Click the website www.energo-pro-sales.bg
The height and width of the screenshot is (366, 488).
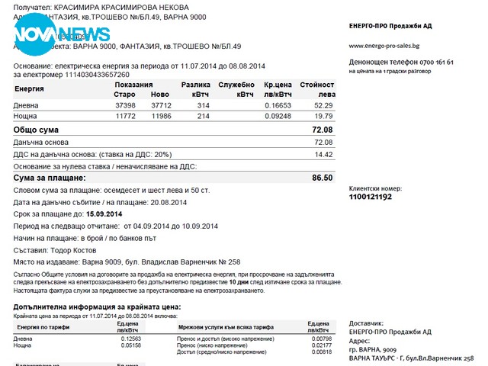(x=388, y=46)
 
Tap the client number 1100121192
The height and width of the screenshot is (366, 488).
(x=371, y=197)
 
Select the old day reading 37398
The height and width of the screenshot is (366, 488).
(x=125, y=105)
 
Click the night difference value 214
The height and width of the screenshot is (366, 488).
(x=203, y=116)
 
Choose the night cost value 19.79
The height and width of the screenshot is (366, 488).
(x=323, y=116)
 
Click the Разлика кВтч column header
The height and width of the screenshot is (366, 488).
(x=196, y=89)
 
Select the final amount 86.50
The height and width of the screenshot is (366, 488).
(x=323, y=178)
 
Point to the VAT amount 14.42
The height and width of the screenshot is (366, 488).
(x=323, y=154)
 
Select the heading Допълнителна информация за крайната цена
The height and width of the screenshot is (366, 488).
(x=97, y=307)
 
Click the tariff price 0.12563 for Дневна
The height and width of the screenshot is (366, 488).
(x=133, y=338)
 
